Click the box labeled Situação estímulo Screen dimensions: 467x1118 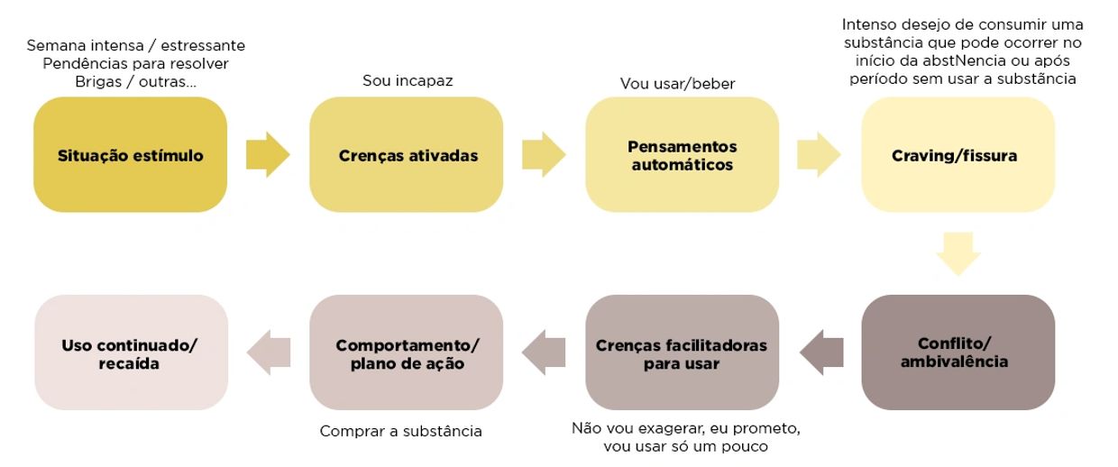131,155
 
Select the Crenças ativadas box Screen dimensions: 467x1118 407,155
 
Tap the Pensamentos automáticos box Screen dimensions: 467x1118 683,155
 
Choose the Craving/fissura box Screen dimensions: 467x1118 958,155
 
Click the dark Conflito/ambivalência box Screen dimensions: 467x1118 958,353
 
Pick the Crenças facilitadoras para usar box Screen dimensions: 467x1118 683,353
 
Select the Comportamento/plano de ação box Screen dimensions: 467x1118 407,353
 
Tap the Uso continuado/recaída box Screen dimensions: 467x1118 131,353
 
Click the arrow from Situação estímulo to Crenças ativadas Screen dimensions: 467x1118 268,155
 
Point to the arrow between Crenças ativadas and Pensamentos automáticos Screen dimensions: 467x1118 544,155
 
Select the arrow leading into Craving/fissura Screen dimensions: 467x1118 819,155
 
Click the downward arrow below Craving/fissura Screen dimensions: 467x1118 958,253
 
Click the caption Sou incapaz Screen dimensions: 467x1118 408,81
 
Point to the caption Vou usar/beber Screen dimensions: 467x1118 677,84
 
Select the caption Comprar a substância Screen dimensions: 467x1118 401,431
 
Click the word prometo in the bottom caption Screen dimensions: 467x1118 769,427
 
